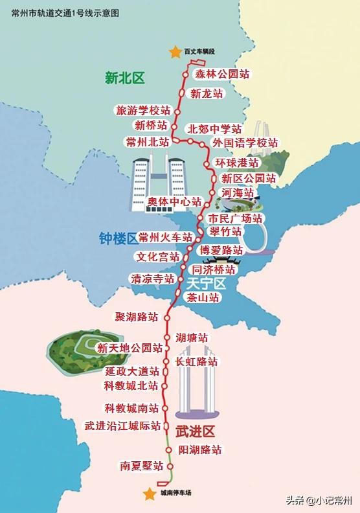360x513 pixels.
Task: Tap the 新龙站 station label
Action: click(207, 93)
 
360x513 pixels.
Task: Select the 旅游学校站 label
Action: click(143, 110)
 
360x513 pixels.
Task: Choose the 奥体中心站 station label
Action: click(174, 201)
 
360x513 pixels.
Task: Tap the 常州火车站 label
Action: click(166, 238)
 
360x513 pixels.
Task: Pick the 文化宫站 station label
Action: click(158, 256)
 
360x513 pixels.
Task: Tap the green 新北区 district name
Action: click(125, 78)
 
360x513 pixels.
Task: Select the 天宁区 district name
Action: click(205, 283)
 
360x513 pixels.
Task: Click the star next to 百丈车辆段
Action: click(173, 51)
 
